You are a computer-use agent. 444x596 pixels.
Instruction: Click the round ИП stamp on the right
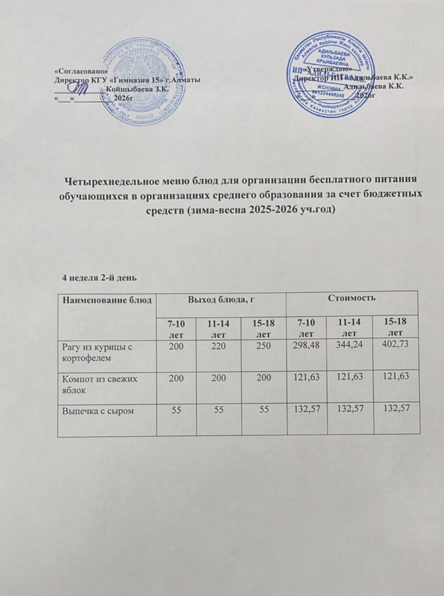[x=332, y=73]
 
